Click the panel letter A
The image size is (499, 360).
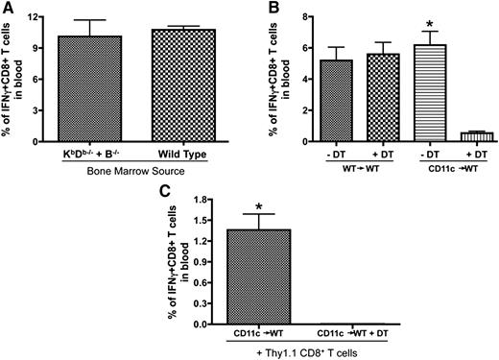[x=8, y=9]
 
